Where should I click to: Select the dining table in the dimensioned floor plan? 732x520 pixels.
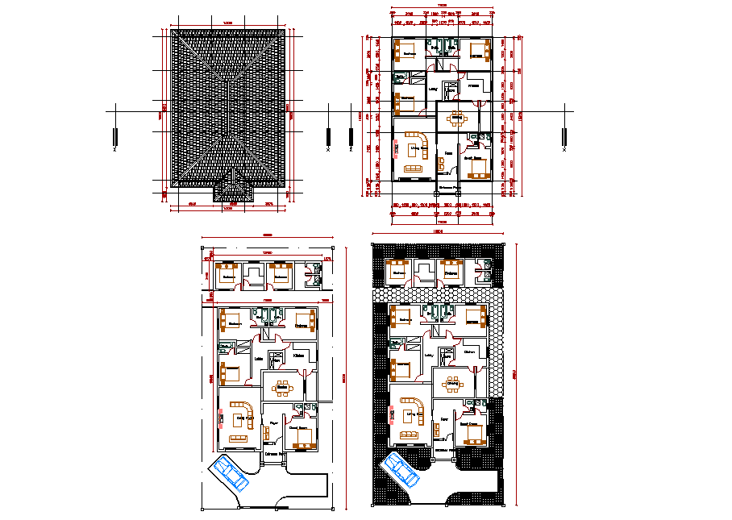457,119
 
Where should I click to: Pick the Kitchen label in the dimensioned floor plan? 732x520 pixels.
474,85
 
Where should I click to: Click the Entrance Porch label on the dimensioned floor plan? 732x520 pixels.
448,189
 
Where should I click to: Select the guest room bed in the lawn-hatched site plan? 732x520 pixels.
475,434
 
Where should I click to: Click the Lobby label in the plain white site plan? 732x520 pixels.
258,359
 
